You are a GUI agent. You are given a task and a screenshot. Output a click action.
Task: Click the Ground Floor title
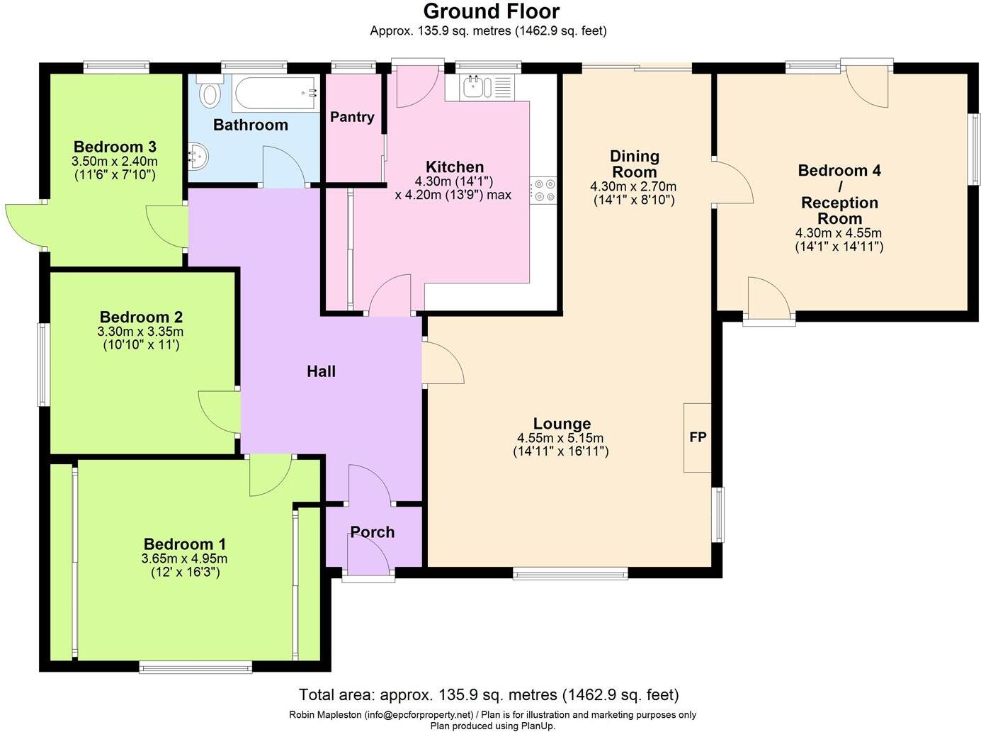coord(491,11)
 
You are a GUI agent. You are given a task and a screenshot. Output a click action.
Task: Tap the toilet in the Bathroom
coord(210,93)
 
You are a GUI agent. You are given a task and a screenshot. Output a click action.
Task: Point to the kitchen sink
coord(474,87)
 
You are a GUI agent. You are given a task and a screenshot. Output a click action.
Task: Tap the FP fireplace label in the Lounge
coord(698,437)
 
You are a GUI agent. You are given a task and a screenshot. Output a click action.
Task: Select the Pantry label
coord(352,117)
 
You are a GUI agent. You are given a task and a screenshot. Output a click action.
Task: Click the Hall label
coord(321,371)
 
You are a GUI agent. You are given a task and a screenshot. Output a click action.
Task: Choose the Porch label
coord(372,532)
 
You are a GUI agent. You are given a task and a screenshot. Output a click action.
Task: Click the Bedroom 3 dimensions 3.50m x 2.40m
coord(115,161)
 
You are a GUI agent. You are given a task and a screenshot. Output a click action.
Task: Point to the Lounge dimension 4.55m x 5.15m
coord(560,438)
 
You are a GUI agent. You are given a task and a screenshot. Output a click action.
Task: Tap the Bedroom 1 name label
coord(184,544)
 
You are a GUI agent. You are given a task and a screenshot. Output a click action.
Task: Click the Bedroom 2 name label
coord(141,317)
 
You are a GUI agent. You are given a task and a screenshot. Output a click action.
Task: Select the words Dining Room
coord(634,164)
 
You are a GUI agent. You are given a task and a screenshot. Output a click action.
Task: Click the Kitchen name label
coord(455,167)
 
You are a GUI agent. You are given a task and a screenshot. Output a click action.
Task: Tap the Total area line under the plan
coord(489,694)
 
